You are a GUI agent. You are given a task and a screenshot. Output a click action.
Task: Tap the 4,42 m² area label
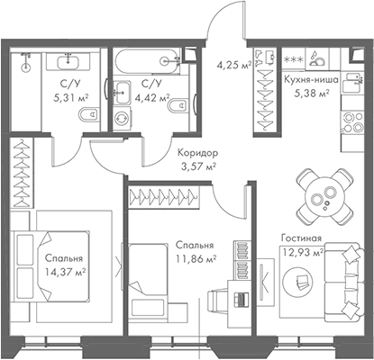151,99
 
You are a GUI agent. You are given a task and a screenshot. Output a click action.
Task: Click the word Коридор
197,152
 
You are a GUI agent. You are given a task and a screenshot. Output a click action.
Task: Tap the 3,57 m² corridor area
198,166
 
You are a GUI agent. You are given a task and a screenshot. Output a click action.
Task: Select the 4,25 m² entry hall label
234,64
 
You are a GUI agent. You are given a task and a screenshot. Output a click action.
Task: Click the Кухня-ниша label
312,79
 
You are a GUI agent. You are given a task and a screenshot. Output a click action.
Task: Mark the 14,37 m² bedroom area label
64,271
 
